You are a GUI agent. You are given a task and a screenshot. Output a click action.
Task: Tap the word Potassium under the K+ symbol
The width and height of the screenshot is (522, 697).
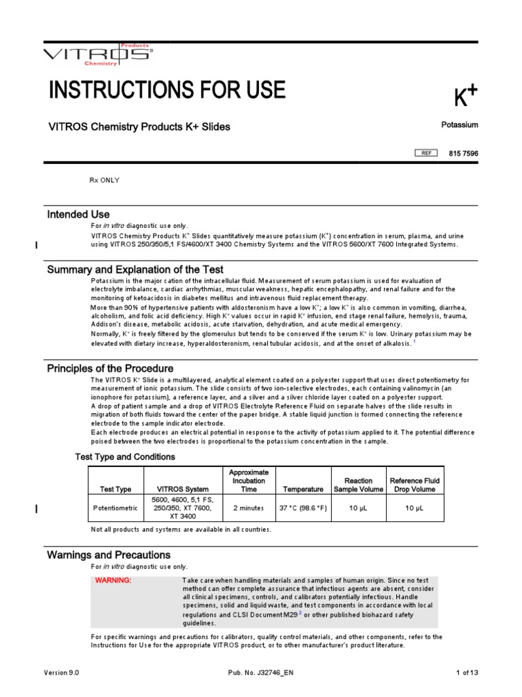459,125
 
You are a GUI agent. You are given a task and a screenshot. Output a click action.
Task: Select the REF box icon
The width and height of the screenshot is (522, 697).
426,153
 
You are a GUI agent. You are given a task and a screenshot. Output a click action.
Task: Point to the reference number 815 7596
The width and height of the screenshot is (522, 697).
464,154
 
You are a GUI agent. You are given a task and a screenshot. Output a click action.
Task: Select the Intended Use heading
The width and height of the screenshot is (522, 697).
78,214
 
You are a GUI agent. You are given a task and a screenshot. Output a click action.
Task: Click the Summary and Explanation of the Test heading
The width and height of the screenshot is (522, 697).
135,270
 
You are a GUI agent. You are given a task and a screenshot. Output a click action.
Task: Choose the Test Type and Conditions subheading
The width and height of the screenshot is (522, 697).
124,457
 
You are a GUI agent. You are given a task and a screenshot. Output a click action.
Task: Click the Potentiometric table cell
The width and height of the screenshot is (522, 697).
116,508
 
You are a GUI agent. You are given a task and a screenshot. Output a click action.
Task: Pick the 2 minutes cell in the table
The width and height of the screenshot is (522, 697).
249,508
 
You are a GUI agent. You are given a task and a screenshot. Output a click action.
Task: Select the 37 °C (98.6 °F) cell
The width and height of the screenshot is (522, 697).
303,508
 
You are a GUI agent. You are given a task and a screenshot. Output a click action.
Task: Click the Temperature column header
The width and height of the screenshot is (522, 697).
303,489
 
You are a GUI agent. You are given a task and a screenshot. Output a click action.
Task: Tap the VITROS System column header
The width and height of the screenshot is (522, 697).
183,489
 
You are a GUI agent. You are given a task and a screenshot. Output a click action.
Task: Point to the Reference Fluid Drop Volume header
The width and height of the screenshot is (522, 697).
415,485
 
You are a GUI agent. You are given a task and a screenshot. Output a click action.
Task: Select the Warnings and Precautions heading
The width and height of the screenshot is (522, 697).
109,555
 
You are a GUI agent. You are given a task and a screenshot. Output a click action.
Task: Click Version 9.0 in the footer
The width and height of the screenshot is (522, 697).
62,672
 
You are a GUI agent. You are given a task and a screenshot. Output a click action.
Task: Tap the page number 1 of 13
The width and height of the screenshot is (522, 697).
467,672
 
